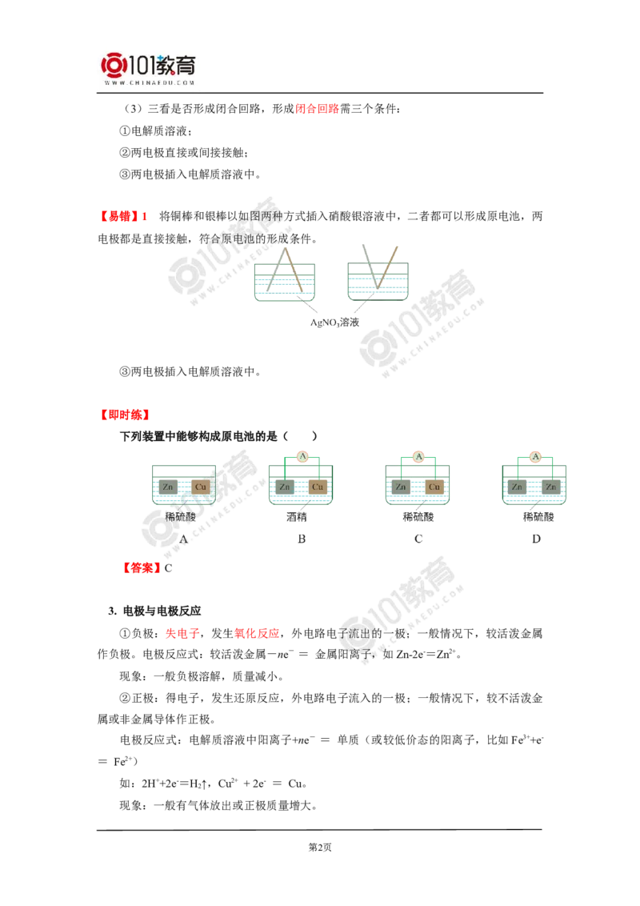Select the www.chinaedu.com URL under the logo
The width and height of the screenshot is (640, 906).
[150, 82]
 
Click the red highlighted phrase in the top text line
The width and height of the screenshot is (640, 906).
[317, 109]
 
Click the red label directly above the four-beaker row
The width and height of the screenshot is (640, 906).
[125, 414]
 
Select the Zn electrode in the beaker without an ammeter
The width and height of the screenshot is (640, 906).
[167, 487]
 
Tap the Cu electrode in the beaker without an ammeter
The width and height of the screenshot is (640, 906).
[200, 487]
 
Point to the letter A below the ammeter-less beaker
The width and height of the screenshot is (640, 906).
[182, 538]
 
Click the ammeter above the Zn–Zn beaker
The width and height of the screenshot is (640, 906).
[536, 456]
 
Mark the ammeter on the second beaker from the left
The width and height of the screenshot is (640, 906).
[302, 456]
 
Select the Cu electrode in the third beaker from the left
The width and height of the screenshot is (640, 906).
[434, 487]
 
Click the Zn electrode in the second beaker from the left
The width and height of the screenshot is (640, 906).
[285, 487]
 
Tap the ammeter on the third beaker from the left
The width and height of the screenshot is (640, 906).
[418, 456]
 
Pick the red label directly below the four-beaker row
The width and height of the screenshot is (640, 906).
[141, 568]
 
